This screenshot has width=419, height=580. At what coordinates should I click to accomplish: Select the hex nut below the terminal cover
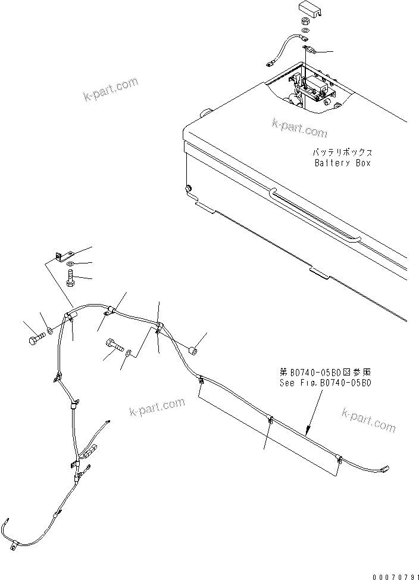point(303,21)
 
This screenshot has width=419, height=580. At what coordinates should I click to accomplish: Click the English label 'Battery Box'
point(342,163)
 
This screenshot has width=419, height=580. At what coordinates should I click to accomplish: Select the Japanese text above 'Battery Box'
point(342,153)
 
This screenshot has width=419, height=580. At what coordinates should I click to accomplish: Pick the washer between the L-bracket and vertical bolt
point(70,264)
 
